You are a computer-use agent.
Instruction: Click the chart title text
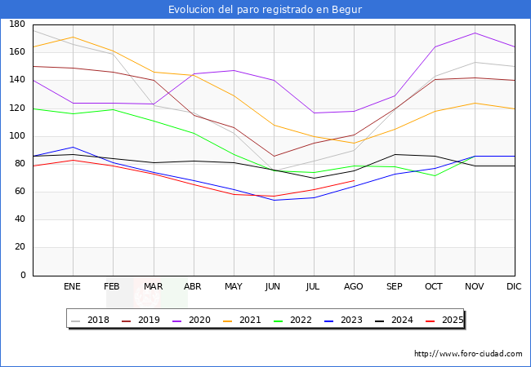tap(265, 10)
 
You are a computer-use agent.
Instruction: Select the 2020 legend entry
tap(204, 320)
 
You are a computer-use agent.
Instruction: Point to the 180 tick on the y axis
tap(16, 24)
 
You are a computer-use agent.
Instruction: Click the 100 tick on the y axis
tap(16, 136)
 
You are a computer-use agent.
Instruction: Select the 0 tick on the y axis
tap(22, 276)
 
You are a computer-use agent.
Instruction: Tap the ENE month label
tap(73, 287)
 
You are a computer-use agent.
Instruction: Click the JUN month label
tap(274, 287)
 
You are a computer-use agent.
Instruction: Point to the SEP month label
tap(395, 287)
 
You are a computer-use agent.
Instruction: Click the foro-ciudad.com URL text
tap(468, 354)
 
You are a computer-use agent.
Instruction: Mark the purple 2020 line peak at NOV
tap(475, 33)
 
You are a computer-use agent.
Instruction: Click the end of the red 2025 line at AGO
tap(354, 180)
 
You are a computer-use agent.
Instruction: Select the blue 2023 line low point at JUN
tap(274, 200)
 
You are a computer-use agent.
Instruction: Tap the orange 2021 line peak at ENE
tap(73, 37)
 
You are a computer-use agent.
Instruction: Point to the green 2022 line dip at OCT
tap(435, 175)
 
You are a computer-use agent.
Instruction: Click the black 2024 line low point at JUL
tap(314, 178)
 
